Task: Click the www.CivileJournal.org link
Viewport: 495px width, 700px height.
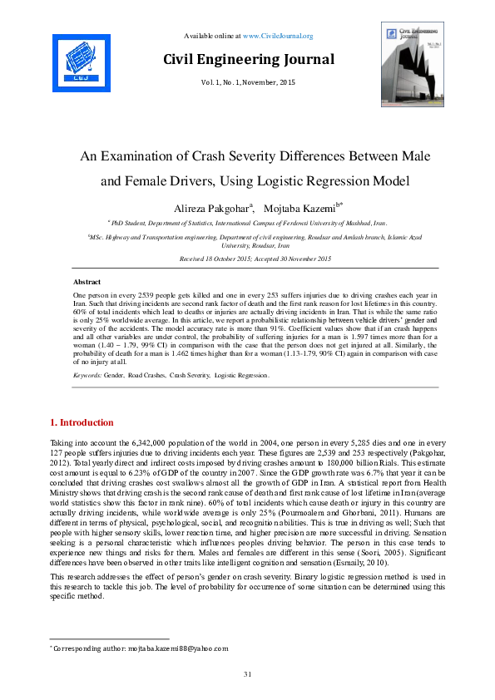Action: (x=278, y=36)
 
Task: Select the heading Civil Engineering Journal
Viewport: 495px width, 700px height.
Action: (x=248, y=59)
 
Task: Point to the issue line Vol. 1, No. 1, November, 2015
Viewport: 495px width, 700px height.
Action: (x=248, y=83)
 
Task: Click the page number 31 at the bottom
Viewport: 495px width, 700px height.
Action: (x=247, y=673)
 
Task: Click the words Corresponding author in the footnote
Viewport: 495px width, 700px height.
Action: (x=85, y=648)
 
